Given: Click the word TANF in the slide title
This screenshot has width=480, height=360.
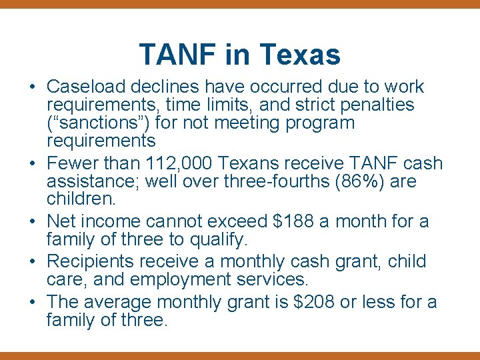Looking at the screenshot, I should coord(178,54).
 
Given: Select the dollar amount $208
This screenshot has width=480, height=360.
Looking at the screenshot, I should coord(313,302).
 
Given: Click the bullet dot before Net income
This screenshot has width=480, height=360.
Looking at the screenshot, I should coord(32,221).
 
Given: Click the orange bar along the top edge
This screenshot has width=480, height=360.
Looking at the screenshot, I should coord(240,3).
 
